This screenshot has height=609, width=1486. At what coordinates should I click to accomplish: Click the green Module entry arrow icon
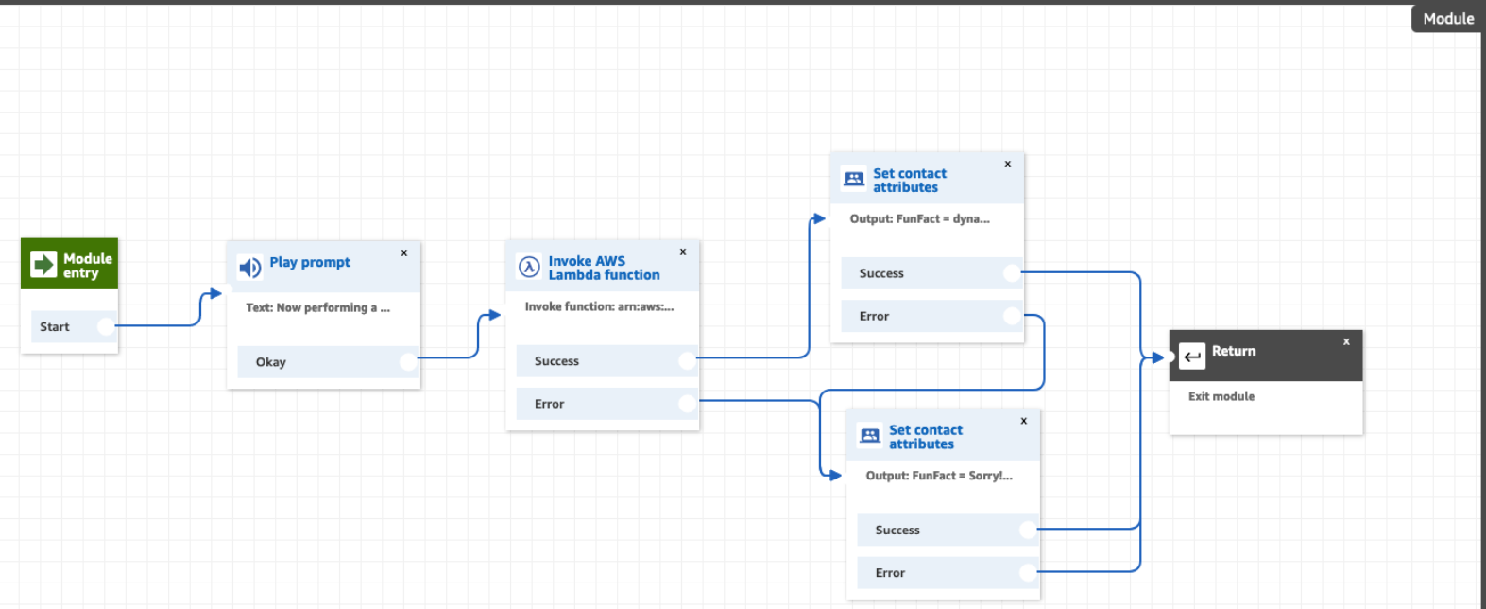pos(43,264)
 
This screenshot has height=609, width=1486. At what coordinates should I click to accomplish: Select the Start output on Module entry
pos(55,326)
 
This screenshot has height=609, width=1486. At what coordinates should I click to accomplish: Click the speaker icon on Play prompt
pos(249,268)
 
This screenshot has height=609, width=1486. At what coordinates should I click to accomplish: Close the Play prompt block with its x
pos(403,252)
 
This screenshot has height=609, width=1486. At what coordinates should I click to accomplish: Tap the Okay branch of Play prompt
pos(271,361)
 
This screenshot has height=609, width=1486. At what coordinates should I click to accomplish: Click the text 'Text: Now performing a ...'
pos(317,307)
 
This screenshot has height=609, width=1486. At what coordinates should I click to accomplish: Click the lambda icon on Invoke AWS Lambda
pos(529,267)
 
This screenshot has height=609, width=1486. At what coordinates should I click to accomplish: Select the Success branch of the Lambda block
pos(556,360)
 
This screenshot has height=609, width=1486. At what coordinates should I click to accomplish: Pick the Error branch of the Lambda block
pos(549,404)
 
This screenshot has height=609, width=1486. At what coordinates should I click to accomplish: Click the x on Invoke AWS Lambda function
pos(682,252)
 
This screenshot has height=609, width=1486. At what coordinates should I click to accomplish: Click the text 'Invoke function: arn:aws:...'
pos(599,306)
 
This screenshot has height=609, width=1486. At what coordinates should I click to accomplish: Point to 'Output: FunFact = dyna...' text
pos(919,218)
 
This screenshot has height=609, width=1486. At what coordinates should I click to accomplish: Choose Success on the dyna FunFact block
pos(881,273)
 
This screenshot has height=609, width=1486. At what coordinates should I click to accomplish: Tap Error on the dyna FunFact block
pos(874,316)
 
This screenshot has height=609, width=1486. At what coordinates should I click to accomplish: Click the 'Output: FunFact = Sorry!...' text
pos(938,476)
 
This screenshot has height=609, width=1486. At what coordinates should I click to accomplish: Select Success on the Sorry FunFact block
pos(897,530)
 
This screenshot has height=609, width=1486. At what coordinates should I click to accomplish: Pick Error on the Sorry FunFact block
pos(890,572)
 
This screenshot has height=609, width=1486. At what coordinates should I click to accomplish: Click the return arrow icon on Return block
pos(1192,357)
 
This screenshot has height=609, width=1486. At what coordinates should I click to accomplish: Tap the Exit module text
pos(1221,396)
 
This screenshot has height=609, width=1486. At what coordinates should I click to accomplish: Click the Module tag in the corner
pos(1447,18)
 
